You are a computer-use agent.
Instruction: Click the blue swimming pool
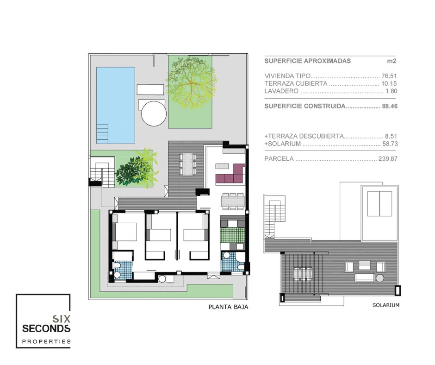point(116,105)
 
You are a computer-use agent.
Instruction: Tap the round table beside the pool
point(154,113)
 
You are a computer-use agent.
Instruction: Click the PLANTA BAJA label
point(228,307)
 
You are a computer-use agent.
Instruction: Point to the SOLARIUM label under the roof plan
point(386,305)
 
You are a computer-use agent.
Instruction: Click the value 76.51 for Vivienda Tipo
point(389,76)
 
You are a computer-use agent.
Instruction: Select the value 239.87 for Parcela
point(388,158)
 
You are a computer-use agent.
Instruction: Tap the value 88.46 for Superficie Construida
point(390,106)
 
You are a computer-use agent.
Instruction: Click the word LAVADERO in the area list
point(281,91)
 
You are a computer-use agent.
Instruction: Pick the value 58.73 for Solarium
point(390,144)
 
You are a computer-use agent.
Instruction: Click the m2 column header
point(391,61)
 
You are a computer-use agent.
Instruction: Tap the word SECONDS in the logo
point(46,328)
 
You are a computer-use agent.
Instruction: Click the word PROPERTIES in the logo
point(46,341)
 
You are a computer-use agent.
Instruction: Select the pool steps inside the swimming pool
point(102,134)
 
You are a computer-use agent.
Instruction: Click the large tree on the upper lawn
point(191,82)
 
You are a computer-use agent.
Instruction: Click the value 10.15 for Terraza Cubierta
point(389,83)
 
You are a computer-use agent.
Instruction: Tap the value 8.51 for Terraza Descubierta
point(391,136)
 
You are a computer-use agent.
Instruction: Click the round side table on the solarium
point(380,278)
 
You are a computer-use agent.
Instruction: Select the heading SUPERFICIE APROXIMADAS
point(307,61)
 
